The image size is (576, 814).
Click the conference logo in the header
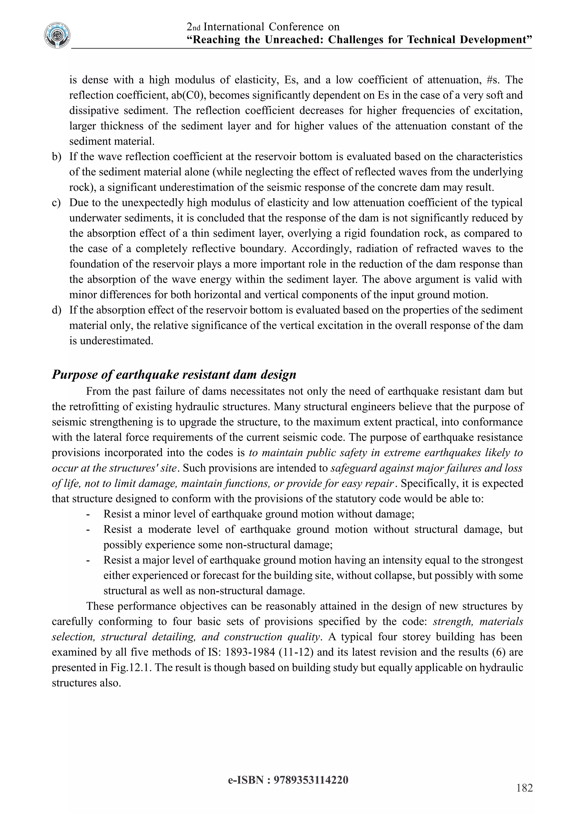[x=57, y=35]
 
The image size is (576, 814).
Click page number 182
[x=525, y=788]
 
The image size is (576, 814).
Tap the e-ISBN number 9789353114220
[x=311, y=780]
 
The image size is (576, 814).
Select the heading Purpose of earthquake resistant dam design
[x=174, y=374]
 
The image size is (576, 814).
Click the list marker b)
[x=57, y=157]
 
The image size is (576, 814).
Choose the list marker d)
[x=57, y=310]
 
